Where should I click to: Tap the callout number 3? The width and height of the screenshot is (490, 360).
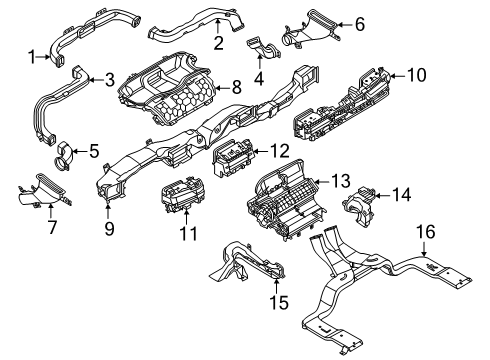click(x=109, y=79)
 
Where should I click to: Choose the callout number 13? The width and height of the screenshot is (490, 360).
click(x=343, y=181)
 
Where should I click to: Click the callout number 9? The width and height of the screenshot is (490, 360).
click(x=110, y=229)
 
